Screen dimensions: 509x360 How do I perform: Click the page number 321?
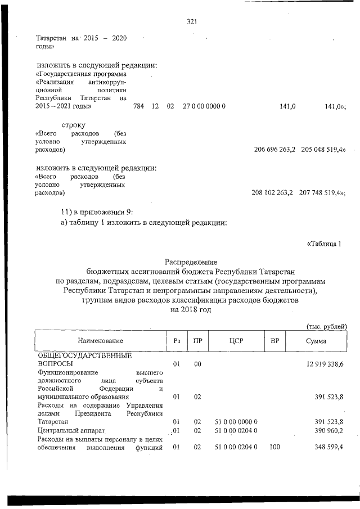[x=191, y=22]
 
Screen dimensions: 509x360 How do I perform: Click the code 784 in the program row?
[x=138, y=106]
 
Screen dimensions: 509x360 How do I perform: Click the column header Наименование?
[x=100, y=341]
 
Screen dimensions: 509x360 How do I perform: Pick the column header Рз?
[x=176, y=341]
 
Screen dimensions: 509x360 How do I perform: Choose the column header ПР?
[x=197, y=341]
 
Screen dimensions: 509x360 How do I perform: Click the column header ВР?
[x=275, y=341]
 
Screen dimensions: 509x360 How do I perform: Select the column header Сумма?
[x=316, y=341]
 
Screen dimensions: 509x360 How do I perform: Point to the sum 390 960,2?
[x=328, y=430]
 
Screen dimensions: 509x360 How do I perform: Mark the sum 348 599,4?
[x=328, y=448]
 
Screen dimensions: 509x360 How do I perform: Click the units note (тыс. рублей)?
[x=326, y=326]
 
